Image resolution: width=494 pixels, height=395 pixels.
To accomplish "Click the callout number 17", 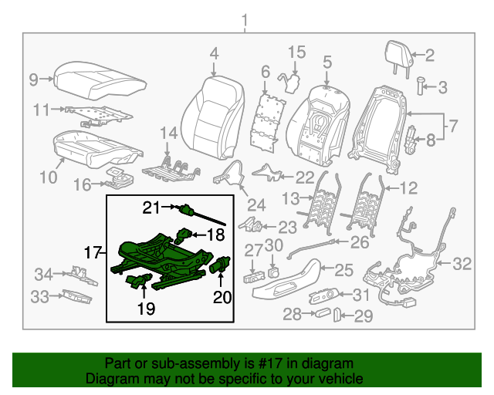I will point(92,252).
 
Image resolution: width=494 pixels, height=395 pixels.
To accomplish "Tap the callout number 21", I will point(150,207).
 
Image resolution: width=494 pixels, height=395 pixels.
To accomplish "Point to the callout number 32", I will point(461,265).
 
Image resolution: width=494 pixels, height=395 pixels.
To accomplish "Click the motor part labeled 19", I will point(137,281).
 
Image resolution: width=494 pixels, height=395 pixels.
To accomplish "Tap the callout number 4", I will point(214,53).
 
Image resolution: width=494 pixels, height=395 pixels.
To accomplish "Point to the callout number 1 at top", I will point(245,18).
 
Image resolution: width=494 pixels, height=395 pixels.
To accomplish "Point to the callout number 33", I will point(39,295).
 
